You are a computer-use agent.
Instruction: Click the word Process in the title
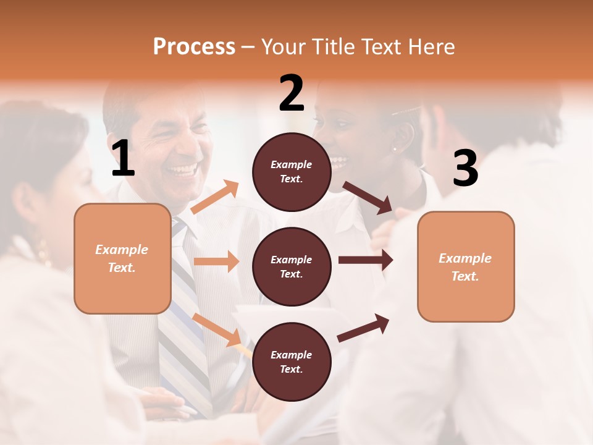194,47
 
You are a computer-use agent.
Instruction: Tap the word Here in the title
431,47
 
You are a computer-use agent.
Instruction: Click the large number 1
123,158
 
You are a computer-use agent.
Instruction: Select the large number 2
292,93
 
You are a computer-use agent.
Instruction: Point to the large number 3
465,168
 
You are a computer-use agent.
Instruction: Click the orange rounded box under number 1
122,258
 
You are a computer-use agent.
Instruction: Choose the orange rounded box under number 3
466,266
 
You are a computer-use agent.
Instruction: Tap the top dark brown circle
292,172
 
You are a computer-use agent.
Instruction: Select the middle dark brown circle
292,266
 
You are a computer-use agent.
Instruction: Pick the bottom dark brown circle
292,362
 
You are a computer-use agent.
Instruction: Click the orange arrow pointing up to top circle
215,197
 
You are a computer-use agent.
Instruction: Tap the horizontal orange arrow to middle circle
216,261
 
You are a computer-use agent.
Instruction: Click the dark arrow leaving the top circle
368,197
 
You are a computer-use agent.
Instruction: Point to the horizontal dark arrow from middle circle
366,260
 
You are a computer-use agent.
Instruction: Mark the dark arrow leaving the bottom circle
364,328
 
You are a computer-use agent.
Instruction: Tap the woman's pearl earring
395,148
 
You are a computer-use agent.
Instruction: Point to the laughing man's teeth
183,169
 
